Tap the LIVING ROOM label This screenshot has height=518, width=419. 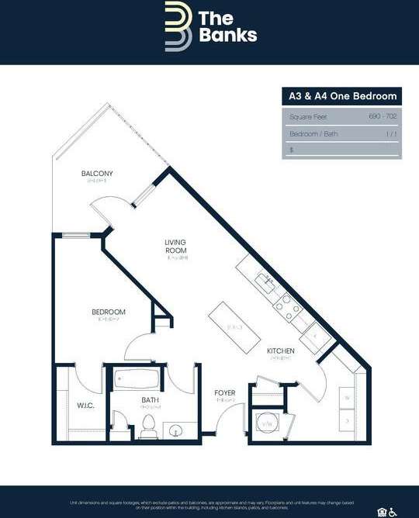[176, 247]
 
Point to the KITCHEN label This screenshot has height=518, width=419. [280, 351]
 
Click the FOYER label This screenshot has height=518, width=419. [225, 393]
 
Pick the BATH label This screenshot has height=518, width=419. [151, 400]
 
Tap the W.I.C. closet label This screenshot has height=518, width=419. [85, 405]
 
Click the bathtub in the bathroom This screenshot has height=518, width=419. [137, 381]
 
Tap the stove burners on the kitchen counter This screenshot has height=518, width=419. [286, 306]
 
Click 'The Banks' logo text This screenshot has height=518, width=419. [227, 26]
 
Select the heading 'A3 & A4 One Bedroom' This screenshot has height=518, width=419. [341, 96]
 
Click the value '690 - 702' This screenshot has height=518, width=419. [383, 116]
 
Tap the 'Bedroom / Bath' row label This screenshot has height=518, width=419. [313, 134]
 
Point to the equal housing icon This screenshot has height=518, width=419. [382, 512]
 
